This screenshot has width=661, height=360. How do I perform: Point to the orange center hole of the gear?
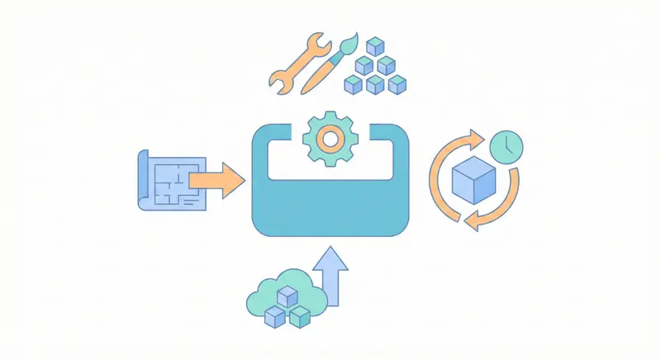coord(330,140)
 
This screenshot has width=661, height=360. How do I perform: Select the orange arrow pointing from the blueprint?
coord(216,179)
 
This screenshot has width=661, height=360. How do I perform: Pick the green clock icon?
coord(506,146)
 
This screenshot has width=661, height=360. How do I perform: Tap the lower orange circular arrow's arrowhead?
coord(470,221)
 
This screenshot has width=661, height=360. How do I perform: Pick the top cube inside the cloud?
coord(287,296)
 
